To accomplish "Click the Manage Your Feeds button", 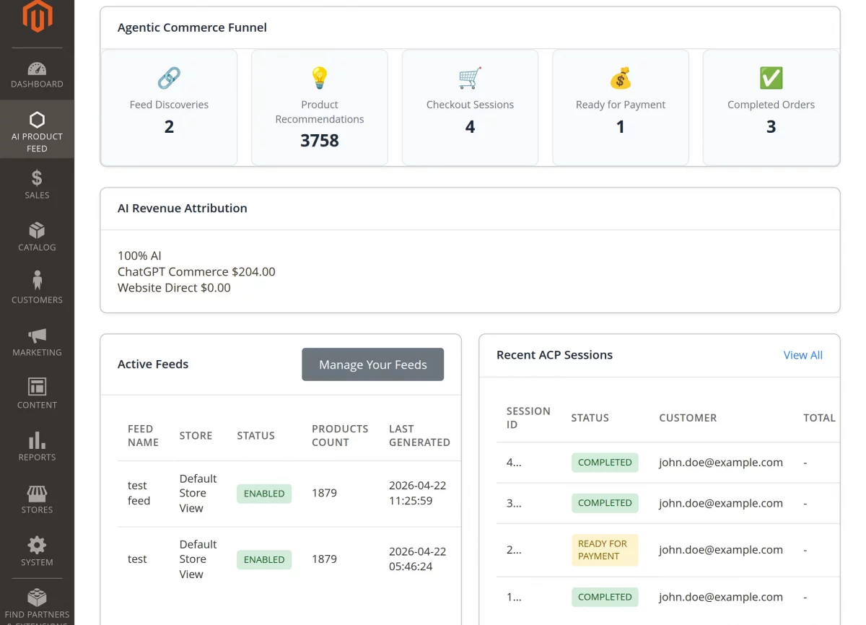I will (372, 364).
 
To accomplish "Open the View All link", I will (802, 355).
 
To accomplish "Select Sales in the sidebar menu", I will (37, 183).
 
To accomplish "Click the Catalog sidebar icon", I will (37, 230).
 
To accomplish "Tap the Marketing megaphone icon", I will (37, 336).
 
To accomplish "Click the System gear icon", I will (37, 545).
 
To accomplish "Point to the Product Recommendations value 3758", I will (319, 140).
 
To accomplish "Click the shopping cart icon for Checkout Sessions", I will (470, 77).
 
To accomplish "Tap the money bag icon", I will (620, 77).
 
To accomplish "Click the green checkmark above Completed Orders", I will (771, 77).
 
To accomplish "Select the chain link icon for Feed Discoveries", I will (169, 77).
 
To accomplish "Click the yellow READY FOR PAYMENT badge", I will (605, 550).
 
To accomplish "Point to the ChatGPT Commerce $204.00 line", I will (196, 272).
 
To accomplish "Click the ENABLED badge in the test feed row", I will (264, 494).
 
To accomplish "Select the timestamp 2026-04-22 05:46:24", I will (417, 559).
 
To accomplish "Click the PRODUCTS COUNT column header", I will (340, 435).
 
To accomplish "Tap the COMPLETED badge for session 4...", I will (605, 463).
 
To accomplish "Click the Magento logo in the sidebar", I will (37, 17).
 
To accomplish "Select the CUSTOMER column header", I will (688, 418).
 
